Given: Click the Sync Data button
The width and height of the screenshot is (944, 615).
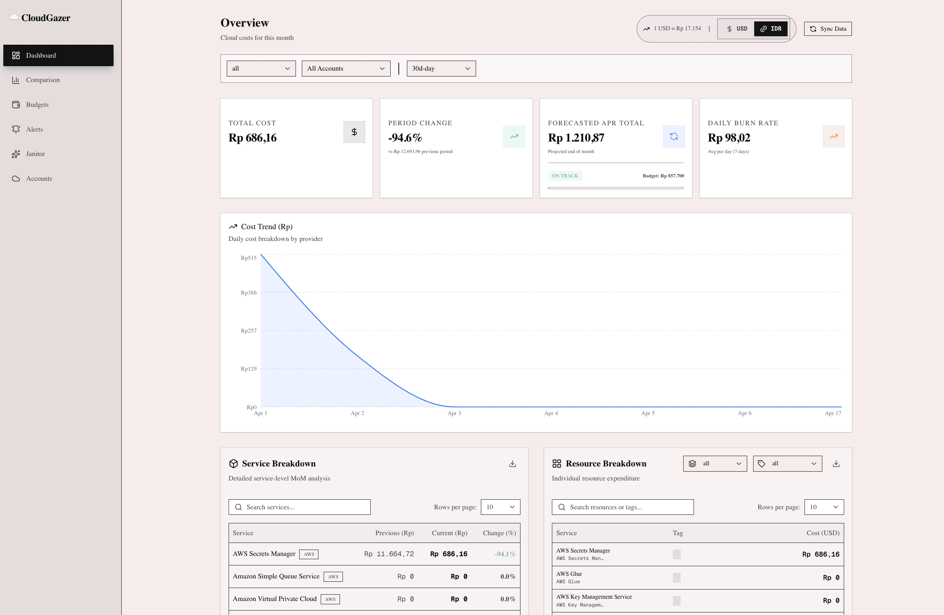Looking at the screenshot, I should point(828,29).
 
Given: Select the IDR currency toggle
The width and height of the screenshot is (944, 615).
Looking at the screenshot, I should point(771,29).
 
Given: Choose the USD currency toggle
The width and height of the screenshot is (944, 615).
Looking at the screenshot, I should point(736,29).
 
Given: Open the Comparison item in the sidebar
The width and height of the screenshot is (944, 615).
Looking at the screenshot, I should point(43,80).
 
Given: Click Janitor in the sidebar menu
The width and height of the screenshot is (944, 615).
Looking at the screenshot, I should point(35,154).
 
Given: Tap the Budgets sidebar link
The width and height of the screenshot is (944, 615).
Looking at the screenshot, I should point(37,105).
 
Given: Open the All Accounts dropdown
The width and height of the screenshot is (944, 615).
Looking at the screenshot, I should point(345,68).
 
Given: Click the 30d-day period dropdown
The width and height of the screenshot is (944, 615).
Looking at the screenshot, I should point(441,68).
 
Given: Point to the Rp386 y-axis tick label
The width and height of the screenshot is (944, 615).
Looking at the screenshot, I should point(249,293).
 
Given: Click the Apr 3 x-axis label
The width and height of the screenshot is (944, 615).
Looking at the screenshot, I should point(454,413).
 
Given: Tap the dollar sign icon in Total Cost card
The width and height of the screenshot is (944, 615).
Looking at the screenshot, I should point(354,132).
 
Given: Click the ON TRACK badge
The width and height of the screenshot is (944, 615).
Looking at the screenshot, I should point(565,176).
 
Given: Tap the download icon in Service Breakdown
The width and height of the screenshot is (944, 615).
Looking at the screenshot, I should point(512,463).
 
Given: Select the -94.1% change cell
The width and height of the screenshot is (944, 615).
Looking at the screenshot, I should point(505,554).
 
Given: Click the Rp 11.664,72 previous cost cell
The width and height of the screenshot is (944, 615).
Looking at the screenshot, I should point(389,554).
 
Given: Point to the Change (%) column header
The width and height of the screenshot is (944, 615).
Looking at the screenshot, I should point(499,533).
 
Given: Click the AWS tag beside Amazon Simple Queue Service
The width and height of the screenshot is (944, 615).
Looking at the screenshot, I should point(333,577).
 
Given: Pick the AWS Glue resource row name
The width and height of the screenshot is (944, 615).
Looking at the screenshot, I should point(569,574).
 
